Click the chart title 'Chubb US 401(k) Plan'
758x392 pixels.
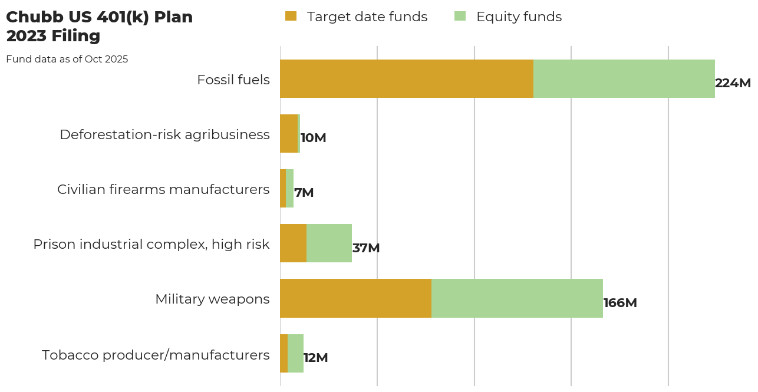point(99,18)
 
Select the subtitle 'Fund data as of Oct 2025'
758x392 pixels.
point(67,60)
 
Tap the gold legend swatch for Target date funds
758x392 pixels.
point(291,17)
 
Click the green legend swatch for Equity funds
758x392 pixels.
point(460,17)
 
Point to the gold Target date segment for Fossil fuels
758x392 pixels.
point(406,78)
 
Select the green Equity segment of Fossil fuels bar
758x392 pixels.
point(624,78)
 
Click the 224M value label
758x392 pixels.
point(733,83)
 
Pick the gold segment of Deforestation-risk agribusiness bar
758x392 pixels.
point(289,133)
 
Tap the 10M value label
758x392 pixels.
point(313,138)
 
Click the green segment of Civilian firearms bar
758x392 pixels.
point(289,188)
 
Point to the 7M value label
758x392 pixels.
point(304,193)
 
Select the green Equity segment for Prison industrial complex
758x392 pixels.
point(329,243)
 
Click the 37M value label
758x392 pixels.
point(365,248)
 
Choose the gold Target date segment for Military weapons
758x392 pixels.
point(355,298)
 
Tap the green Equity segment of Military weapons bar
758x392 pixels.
point(517,298)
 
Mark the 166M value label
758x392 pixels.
point(620,303)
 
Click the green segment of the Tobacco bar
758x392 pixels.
point(295,353)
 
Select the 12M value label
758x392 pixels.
point(315,358)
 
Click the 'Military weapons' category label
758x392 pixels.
point(212,299)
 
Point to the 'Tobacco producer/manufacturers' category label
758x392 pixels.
point(156,355)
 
